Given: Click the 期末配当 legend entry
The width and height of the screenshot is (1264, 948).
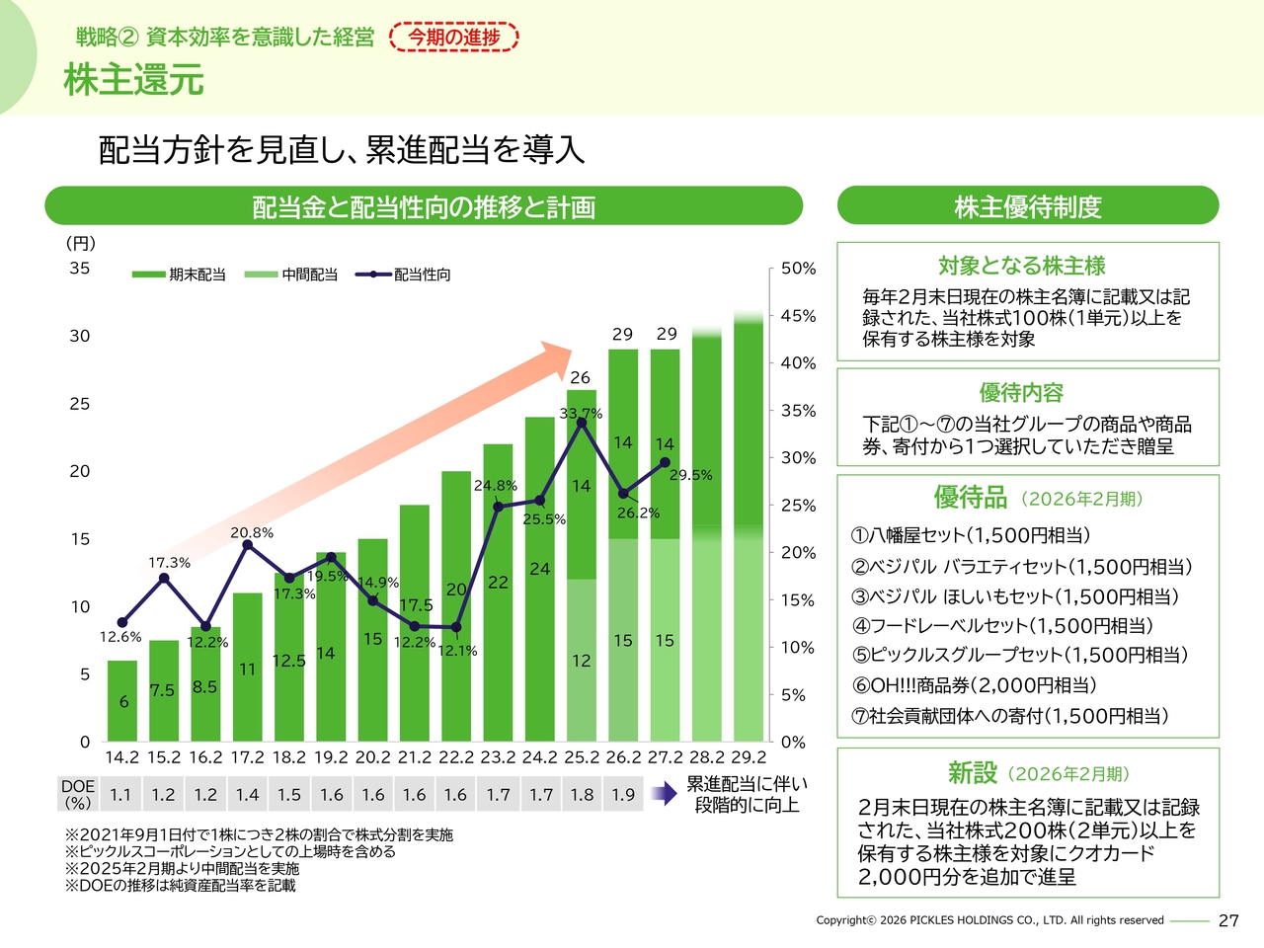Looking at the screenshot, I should point(180,275).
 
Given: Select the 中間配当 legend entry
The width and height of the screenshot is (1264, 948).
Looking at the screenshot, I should point(292,275).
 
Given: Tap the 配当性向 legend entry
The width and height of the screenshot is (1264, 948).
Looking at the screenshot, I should point(405,275).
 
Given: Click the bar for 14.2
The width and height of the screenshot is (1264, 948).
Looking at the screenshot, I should point(122,701).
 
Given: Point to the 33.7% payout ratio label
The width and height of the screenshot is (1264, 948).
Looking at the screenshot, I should point(581,413).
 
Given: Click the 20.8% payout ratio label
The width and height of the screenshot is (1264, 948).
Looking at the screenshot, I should point(252,532).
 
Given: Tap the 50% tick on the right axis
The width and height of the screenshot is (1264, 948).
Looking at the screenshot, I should point(798,269).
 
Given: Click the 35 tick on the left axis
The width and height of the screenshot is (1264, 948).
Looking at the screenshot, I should point(80,269).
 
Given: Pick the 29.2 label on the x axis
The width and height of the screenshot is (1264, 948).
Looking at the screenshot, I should point(748,757).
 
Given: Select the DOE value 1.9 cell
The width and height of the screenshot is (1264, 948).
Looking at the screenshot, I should point(623,794).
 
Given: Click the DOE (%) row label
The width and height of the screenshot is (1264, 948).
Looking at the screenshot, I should point(78,794).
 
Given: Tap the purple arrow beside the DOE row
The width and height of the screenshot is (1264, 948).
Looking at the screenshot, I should point(664,794).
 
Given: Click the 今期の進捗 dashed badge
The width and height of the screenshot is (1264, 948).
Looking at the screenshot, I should point(454,38).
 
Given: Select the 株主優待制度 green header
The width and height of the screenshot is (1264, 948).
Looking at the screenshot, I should point(1028,206).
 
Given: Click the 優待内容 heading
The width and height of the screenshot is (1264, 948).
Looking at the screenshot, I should point(1021,392).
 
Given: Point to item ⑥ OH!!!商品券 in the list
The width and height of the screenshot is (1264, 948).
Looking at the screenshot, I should point(974,685).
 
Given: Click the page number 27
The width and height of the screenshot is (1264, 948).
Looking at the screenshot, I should point(1228,920).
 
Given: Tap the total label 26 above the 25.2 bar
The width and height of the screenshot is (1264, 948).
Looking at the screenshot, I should point(580,377).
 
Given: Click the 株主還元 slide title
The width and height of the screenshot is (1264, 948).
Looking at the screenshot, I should point(133,79).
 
